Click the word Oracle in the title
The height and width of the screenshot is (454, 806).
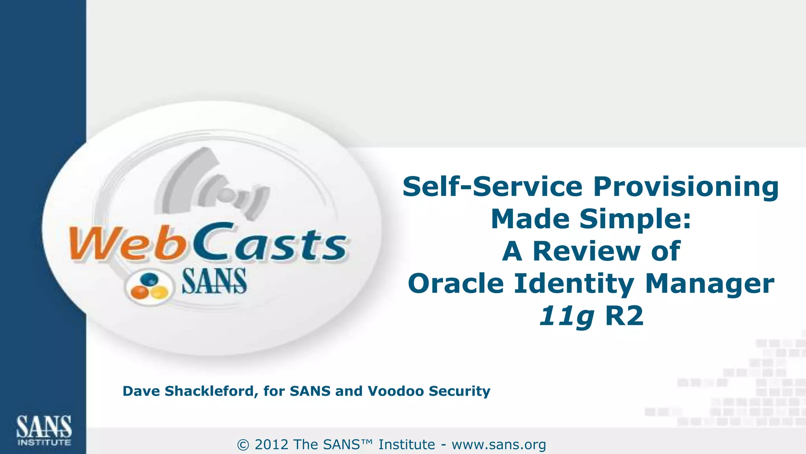(x=456, y=284)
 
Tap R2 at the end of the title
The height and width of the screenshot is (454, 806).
(x=624, y=316)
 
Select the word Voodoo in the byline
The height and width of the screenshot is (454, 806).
(x=396, y=391)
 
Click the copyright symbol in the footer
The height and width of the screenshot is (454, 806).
(x=243, y=445)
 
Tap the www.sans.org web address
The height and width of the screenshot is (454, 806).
(x=499, y=445)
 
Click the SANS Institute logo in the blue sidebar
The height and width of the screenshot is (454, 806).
(x=44, y=430)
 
